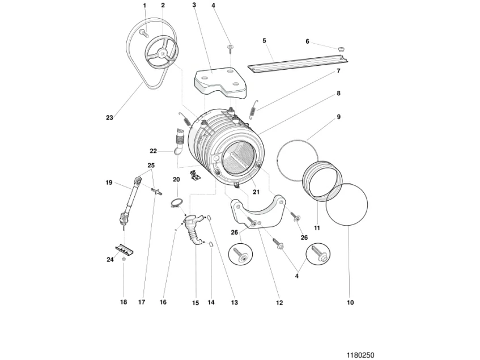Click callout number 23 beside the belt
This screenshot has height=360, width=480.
tap(109, 118)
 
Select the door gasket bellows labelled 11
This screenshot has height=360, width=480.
tap(321, 180)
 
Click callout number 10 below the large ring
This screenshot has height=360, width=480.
tap(350, 303)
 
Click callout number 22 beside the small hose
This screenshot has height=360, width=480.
tap(153, 151)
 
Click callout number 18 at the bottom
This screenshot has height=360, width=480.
tap(124, 303)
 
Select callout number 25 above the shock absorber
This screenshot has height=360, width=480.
tap(151, 166)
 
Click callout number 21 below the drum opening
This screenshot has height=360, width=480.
tap(256, 192)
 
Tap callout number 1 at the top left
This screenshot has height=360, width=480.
tap(145, 5)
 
